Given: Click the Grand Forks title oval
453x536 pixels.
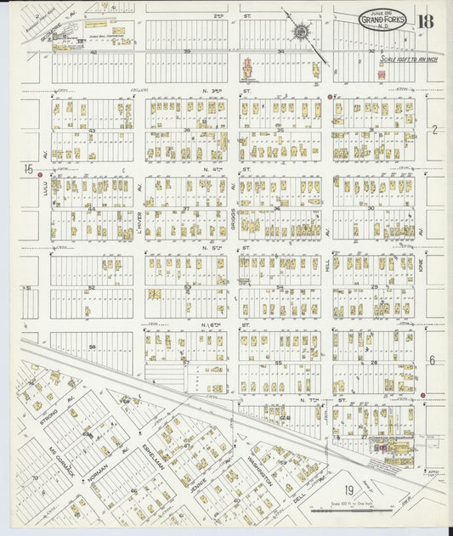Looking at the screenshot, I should pyautogui.click(x=382, y=20).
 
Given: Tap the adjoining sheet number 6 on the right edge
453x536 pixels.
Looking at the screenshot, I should pyautogui.click(x=432, y=360).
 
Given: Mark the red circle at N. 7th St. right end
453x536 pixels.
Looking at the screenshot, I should pyautogui.click(x=422, y=395).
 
